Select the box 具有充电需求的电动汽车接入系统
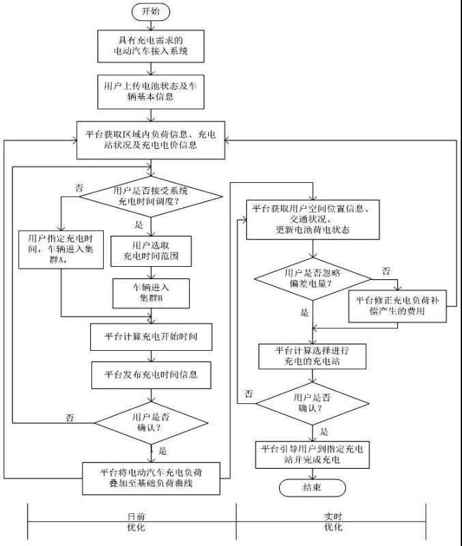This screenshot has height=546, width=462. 150,44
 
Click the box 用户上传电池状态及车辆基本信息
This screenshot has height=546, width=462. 150,91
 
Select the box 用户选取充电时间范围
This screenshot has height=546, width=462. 150,252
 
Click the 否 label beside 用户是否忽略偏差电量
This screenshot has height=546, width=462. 386,271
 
